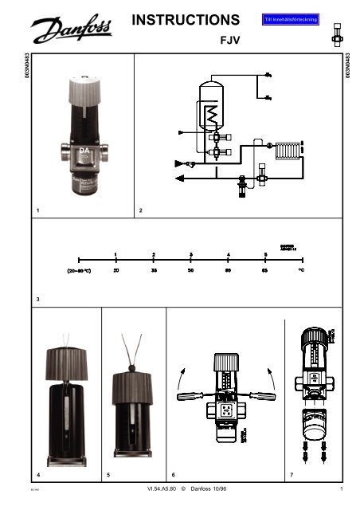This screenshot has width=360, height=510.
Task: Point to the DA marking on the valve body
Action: click(x=82, y=149)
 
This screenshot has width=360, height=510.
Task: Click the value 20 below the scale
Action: click(x=116, y=271)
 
